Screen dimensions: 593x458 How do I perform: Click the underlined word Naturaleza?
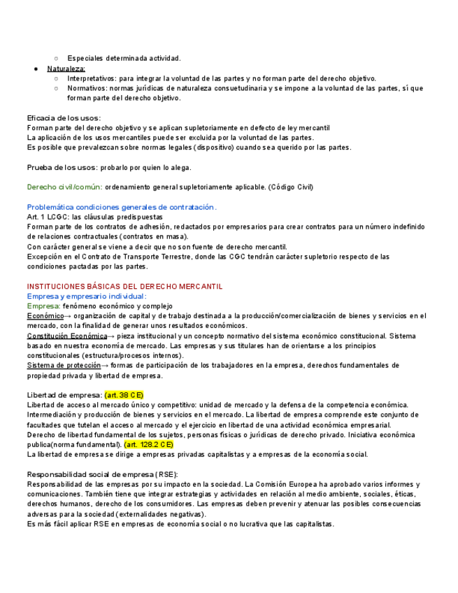click(x=66, y=69)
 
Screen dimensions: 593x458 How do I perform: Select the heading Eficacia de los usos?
click(x=64, y=118)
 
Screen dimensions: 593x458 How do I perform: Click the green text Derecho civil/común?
click(x=64, y=187)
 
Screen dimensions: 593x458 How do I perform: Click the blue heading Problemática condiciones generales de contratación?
click(x=121, y=207)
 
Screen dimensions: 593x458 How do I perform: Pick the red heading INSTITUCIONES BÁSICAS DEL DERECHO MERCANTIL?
click(x=124, y=287)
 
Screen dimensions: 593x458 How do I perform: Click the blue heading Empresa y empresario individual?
click(x=87, y=296)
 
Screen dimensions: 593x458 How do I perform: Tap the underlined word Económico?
click(x=45, y=316)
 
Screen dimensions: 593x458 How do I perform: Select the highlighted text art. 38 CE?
click(x=124, y=395)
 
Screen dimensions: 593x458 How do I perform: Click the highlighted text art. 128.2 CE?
click(x=149, y=445)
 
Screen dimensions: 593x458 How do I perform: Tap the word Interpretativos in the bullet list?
click(x=91, y=78)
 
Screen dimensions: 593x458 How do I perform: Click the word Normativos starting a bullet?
click(x=87, y=89)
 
